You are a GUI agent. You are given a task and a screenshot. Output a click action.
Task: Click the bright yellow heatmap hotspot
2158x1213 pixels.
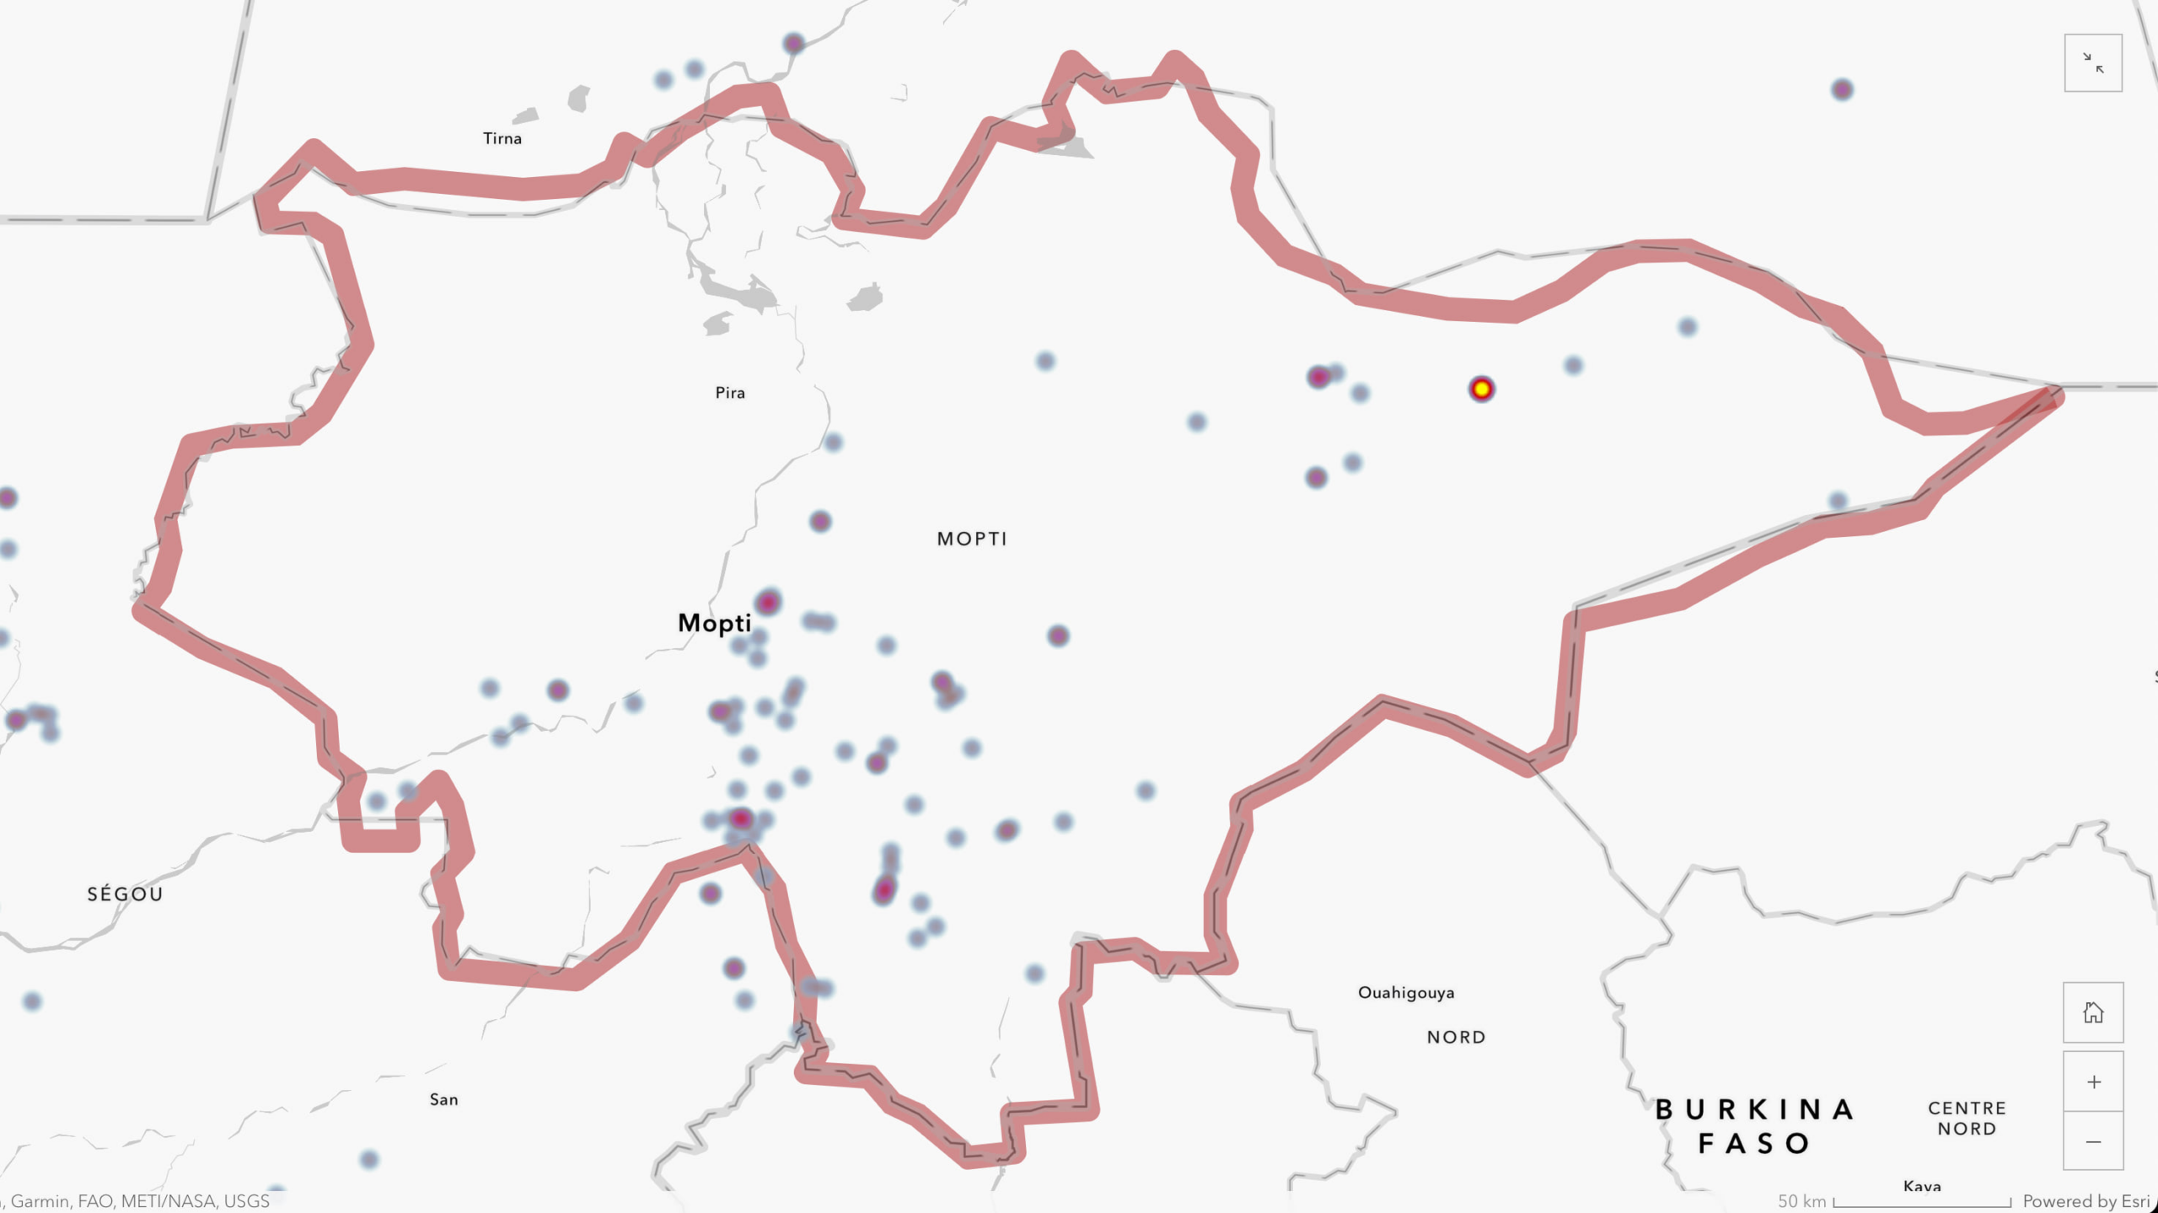point(1481,389)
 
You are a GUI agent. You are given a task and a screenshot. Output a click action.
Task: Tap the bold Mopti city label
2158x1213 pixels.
point(714,623)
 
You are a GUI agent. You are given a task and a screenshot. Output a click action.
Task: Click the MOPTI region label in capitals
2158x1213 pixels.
point(972,539)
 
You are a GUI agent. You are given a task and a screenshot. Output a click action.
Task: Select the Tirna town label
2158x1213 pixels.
point(502,138)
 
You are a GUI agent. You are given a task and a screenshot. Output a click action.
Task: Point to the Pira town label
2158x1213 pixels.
point(730,393)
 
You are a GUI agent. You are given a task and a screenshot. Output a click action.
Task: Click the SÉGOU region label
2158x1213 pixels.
point(125,894)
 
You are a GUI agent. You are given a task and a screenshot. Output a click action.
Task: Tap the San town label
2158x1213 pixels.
point(443,1099)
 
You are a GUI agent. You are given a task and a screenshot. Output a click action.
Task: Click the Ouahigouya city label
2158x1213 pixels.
point(1405,992)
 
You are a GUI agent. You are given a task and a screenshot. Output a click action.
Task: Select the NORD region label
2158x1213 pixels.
point(1456,1037)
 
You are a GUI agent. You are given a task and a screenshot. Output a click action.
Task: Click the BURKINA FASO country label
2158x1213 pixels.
point(1754,1125)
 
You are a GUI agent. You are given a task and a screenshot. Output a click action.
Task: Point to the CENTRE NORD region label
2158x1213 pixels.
point(1967,1118)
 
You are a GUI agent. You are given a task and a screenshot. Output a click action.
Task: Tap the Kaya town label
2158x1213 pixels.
point(1921,1186)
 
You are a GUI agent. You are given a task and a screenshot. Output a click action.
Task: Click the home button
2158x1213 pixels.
point(2093,1012)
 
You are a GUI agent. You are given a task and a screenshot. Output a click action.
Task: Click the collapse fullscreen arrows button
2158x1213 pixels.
point(2093,63)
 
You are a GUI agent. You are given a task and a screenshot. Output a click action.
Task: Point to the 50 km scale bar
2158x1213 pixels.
point(1921,1201)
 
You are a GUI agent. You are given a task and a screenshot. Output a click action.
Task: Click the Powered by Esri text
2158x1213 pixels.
point(2086,1201)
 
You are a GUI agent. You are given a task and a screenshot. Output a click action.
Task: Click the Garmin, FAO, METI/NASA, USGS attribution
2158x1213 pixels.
point(139,1201)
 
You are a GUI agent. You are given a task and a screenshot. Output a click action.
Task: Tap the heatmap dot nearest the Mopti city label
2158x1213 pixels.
point(767,602)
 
